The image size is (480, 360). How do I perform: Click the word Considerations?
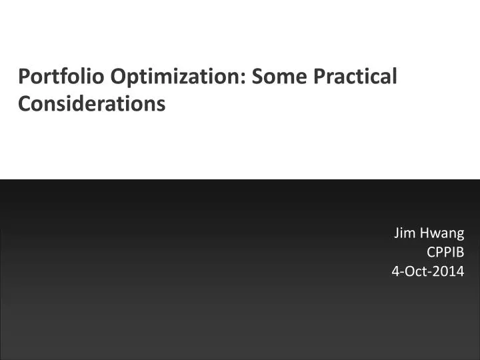[91, 104]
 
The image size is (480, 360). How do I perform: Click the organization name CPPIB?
[445, 252]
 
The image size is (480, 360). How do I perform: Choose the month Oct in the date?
[418, 271]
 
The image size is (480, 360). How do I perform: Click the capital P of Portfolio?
[23, 77]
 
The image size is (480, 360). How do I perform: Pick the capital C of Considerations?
[23, 104]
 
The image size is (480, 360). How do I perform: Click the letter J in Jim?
[397, 233]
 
